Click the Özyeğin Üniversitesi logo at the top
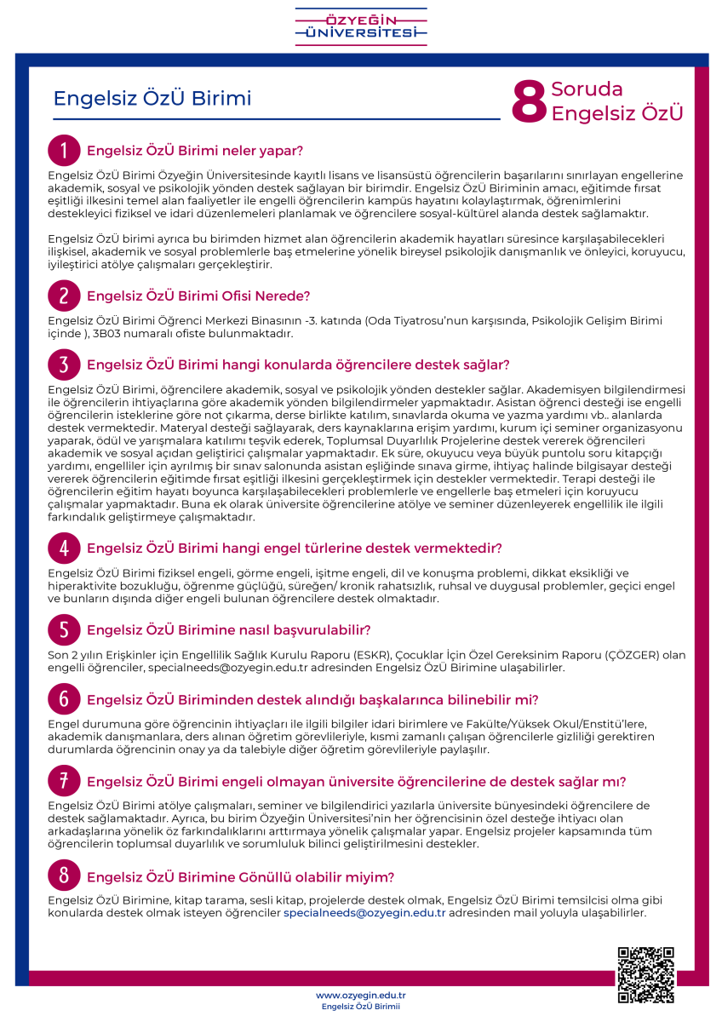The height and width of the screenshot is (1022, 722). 361,26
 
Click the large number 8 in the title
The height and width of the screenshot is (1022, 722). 528,103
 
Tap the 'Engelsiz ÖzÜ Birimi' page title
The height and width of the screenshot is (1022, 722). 152,99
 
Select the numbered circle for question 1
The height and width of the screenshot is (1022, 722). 64,151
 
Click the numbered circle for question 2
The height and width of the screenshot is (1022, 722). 64,296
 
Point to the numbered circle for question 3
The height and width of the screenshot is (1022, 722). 64,365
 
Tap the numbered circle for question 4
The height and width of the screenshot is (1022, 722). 64,547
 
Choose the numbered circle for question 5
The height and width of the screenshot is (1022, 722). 64,630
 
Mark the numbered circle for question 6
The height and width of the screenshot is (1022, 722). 64,700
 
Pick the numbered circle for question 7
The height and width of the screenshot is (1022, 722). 64,781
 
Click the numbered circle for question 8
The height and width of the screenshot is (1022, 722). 64,876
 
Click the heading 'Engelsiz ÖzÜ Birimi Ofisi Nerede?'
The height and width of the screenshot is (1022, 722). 198,296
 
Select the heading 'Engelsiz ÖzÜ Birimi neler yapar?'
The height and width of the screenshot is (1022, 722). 195,152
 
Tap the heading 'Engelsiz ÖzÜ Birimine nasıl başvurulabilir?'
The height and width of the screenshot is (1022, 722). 228,631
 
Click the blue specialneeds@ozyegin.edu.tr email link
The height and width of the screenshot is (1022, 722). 364,913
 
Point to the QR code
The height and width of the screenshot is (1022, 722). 646,974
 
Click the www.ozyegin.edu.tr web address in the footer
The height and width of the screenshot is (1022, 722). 360,995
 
